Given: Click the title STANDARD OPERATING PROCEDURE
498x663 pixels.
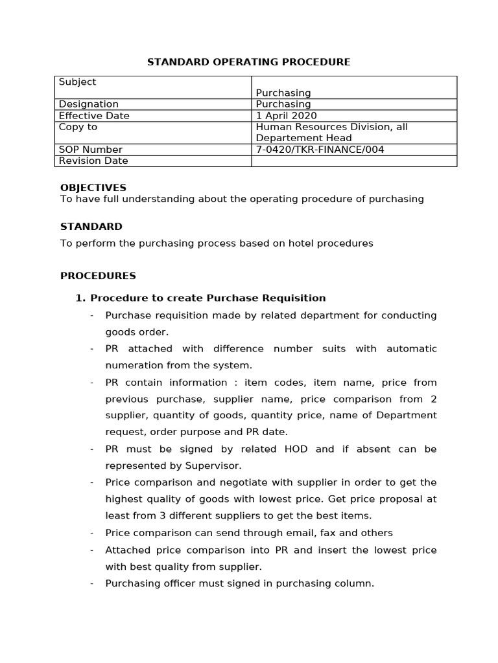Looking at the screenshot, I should (248, 62).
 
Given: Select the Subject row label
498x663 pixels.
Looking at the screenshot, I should (77, 82).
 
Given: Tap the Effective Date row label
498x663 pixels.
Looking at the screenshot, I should (94, 116).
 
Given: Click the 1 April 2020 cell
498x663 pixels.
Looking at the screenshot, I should (283, 116).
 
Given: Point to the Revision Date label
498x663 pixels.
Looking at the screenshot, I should (93, 161).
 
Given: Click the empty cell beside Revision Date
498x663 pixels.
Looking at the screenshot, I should (353, 161).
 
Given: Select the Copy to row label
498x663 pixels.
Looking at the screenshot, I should (78, 127).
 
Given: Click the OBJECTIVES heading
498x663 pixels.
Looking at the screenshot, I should (93, 188).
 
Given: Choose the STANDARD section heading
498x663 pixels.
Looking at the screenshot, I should (91, 227).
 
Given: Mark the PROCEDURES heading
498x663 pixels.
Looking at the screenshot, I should (98, 276).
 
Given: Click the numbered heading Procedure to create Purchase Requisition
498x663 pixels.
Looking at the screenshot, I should (207, 298).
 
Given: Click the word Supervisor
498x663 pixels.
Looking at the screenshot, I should (213, 466).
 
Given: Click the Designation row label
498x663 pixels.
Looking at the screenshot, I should (89, 104).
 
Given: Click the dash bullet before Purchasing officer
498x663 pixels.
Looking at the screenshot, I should (92, 583).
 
